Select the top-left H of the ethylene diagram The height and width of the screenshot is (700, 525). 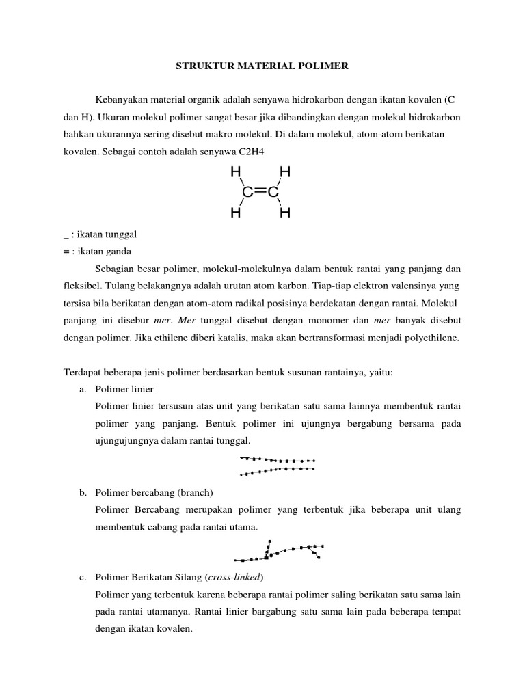point(236,172)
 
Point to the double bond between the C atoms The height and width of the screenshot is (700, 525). point(260,193)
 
